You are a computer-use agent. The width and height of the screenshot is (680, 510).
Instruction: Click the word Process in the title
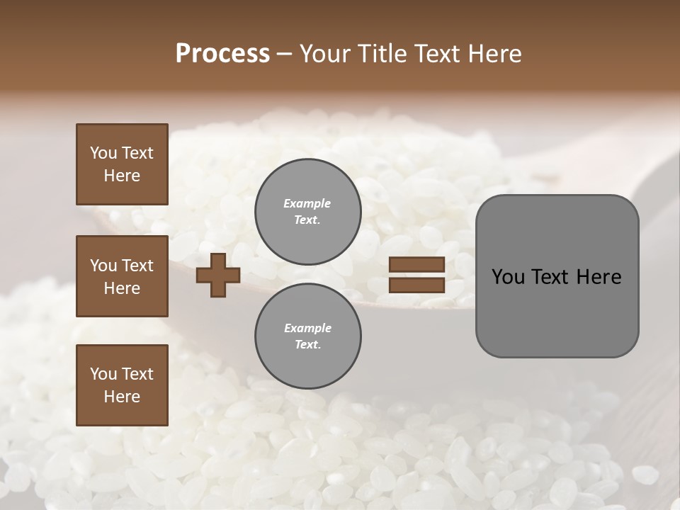coord(222,54)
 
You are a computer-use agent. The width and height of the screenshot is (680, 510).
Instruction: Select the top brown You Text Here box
coord(122,164)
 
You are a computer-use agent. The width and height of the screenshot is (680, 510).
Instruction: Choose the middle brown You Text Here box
coord(122,276)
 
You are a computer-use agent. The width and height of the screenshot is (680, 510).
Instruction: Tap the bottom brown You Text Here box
coord(122,385)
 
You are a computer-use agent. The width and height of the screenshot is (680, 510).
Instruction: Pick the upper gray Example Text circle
coord(307,212)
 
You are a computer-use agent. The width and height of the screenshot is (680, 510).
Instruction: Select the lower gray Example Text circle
coord(307,336)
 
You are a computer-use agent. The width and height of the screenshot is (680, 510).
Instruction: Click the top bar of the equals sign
coord(416,265)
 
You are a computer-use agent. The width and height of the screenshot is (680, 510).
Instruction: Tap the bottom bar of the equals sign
coord(416,285)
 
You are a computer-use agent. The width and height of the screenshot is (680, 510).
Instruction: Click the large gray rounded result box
coord(557,276)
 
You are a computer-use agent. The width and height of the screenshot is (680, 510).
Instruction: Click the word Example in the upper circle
coord(307,203)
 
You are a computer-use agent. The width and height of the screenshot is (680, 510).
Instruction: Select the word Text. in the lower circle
coord(307,345)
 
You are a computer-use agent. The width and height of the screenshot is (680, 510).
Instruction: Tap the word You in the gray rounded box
coord(507,277)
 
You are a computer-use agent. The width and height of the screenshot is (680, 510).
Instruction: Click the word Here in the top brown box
coord(122,176)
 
